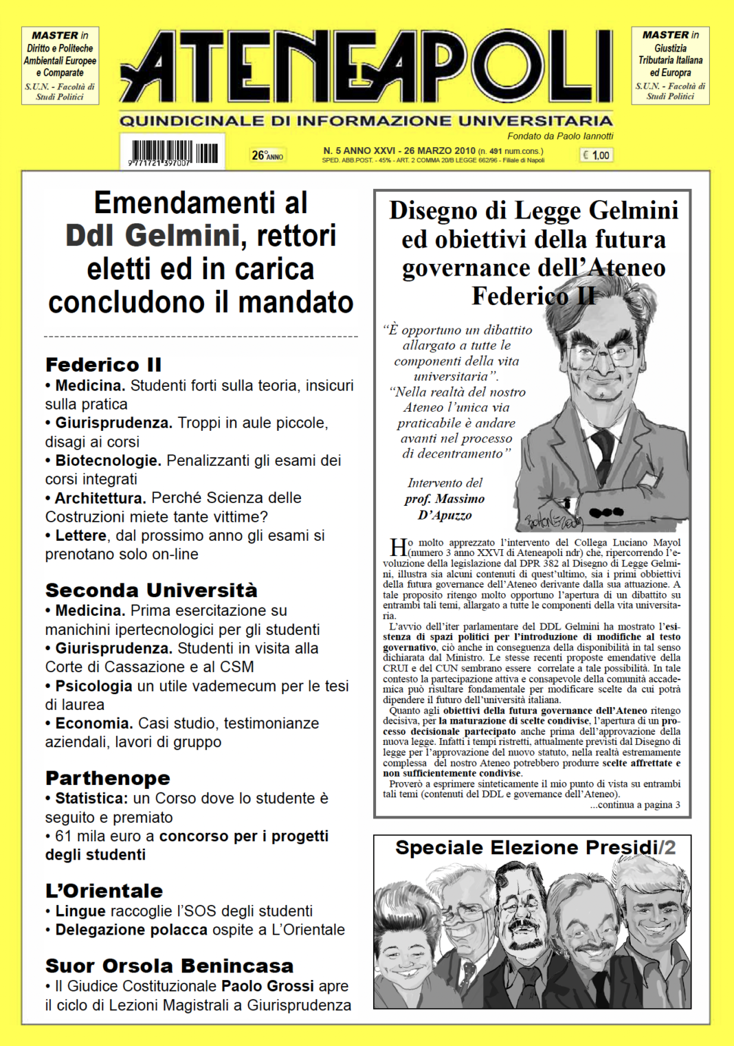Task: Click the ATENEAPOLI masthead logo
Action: pos(366,67)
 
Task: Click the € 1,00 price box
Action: pos(596,155)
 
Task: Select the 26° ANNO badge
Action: pos(267,155)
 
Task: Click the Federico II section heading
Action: pos(103,364)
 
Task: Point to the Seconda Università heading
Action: pos(151,590)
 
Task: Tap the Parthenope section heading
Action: pos(108,778)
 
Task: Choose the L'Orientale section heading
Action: pos(104,891)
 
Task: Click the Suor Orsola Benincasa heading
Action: pos(169,966)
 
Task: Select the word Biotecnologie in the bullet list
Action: pos(108,460)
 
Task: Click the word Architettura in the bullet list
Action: pos(100,498)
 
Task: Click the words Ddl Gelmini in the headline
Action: pos(153,236)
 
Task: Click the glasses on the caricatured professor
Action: pos(604,355)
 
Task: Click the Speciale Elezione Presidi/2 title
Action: pos(535,847)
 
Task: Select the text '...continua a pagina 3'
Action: pos(635,805)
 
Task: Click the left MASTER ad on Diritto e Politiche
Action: pos(60,66)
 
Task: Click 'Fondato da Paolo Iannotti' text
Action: pos(560,136)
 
